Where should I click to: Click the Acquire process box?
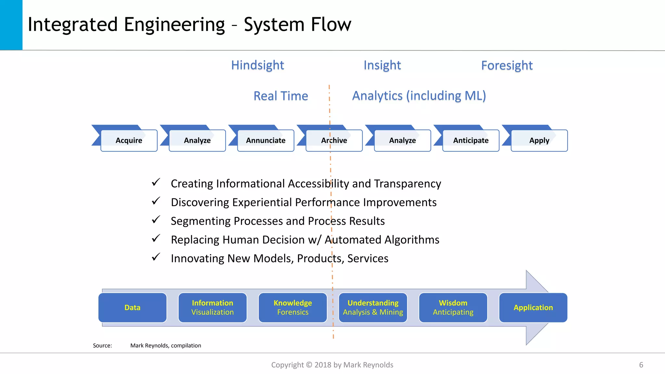[x=129, y=141]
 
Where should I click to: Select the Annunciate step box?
[x=266, y=141]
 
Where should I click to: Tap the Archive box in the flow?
[x=334, y=141]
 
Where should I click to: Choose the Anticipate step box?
[x=471, y=141]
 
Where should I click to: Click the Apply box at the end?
[x=539, y=141]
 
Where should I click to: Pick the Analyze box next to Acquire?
[x=197, y=141]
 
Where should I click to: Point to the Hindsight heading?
[x=257, y=65]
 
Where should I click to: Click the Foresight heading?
[x=507, y=66]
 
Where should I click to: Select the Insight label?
[x=382, y=65]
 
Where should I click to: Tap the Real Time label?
[x=281, y=96]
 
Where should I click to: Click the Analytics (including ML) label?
[x=419, y=96]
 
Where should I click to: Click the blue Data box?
[x=132, y=307]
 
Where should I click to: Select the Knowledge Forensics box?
[x=293, y=307]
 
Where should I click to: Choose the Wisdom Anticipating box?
[x=453, y=307]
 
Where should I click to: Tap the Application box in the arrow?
[x=533, y=307]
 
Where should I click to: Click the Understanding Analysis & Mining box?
[x=373, y=307]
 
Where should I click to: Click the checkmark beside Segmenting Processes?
[x=156, y=220]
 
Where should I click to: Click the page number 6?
[x=641, y=365]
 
